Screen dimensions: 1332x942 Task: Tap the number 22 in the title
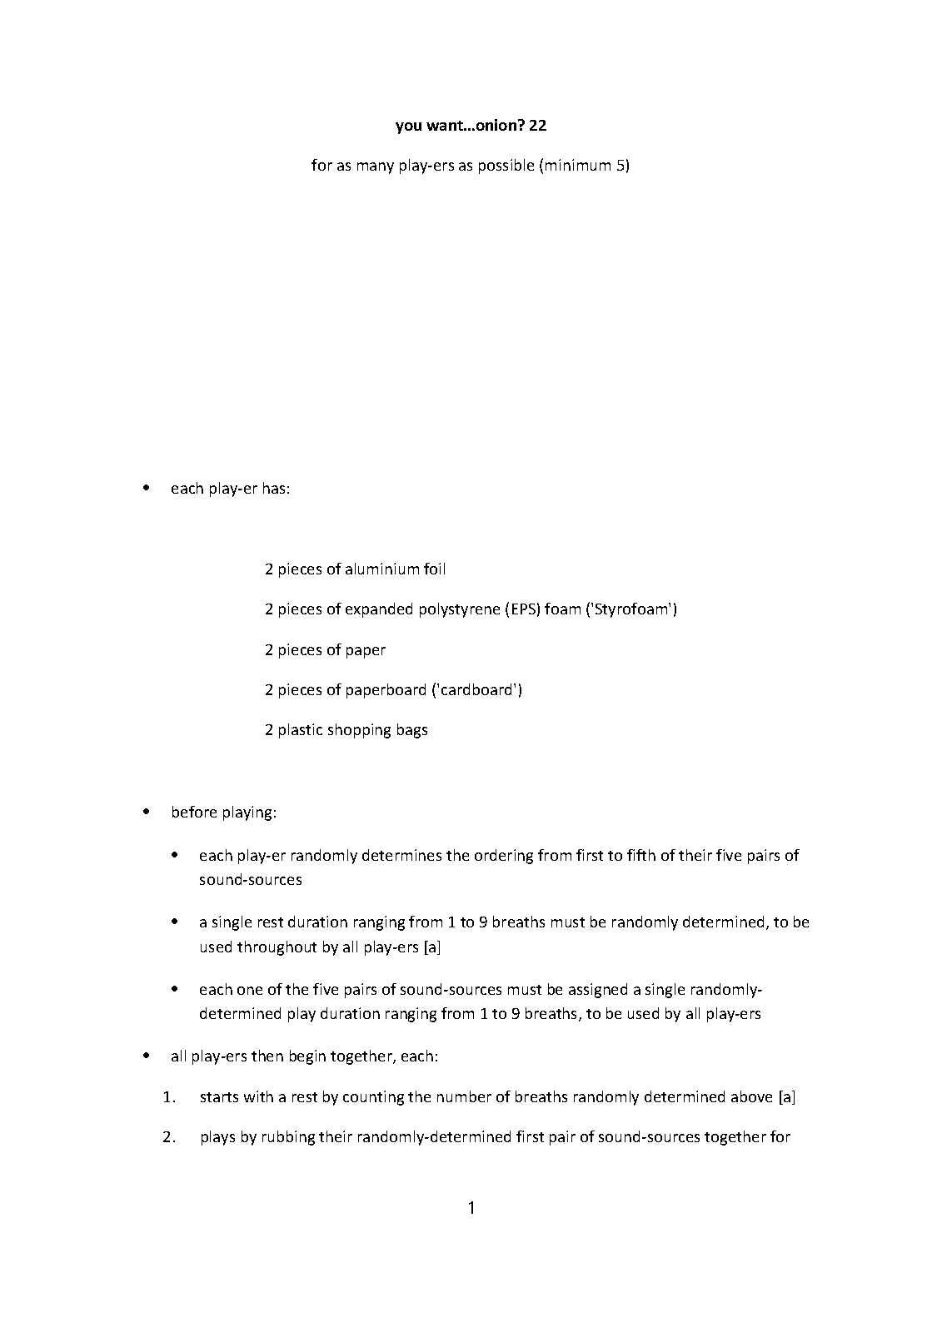(x=537, y=126)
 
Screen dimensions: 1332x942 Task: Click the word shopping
(x=361, y=730)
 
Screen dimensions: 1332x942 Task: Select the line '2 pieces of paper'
(x=325, y=650)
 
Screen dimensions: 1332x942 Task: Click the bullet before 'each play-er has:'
(x=147, y=488)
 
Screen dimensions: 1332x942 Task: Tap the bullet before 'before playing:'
(x=147, y=811)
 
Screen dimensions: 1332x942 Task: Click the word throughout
(x=277, y=947)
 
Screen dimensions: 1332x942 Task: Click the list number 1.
(x=169, y=1097)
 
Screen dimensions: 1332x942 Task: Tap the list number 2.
(x=169, y=1137)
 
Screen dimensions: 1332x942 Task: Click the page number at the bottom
(x=471, y=1208)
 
